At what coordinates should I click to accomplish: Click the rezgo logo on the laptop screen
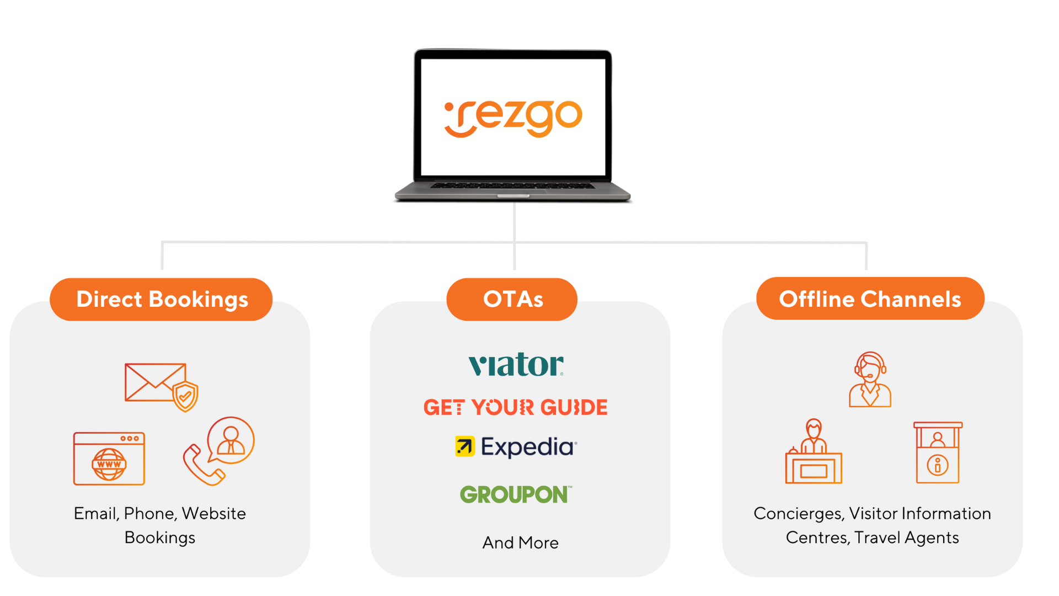pyautogui.click(x=513, y=118)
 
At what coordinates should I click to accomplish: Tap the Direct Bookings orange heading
pyautogui.click(x=162, y=299)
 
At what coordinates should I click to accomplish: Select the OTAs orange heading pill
pyautogui.click(x=512, y=299)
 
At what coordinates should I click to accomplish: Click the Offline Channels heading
pyautogui.click(x=870, y=299)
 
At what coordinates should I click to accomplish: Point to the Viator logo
pyautogui.click(x=516, y=365)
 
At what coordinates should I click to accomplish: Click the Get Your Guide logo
pyautogui.click(x=515, y=407)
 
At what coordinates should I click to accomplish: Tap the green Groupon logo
pyautogui.click(x=516, y=494)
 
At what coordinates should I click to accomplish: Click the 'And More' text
pyautogui.click(x=520, y=542)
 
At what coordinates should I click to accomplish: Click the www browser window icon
pyautogui.click(x=109, y=459)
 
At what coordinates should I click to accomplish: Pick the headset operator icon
pyautogui.click(x=870, y=380)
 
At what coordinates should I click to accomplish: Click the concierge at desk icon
pyautogui.click(x=814, y=453)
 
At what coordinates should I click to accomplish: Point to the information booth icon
pyautogui.click(x=938, y=453)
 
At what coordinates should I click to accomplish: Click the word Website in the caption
pyautogui.click(x=213, y=513)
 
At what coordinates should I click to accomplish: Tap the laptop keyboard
pyautogui.click(x=512, y=186)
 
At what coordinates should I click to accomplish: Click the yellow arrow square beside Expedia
pyautogui.click(x=464, y=446)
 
